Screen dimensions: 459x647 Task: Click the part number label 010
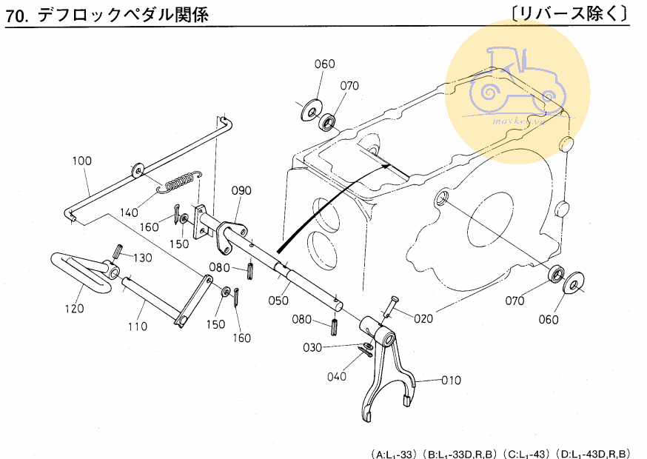451,381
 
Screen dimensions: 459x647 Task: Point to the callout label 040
336,376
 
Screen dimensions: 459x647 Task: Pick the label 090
241,191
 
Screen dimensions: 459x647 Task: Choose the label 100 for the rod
82,161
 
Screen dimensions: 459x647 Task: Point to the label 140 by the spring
130,212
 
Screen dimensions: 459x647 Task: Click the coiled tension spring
178,182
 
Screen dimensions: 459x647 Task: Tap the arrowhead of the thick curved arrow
387,168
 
